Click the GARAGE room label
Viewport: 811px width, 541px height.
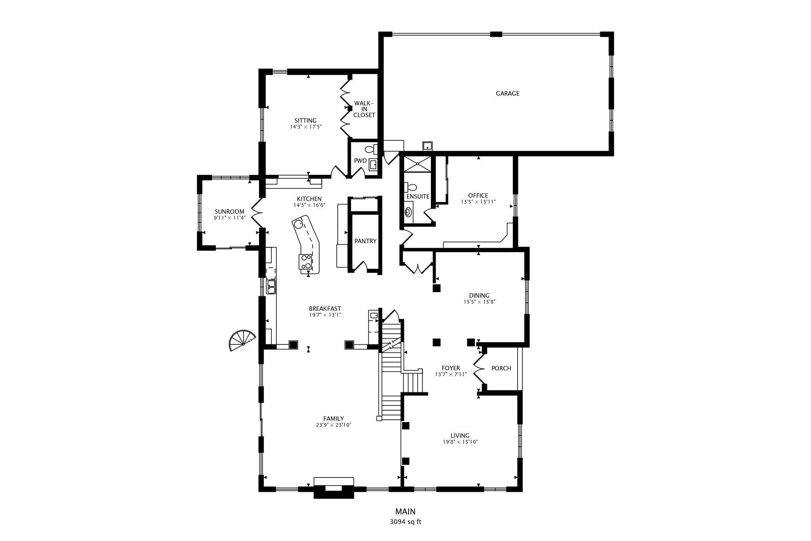[x=507, y=94]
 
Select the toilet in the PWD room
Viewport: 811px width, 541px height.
[x=370, y=149]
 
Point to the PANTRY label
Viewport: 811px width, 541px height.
[x=365, y=241]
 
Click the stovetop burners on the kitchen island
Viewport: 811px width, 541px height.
[x=306, y=262]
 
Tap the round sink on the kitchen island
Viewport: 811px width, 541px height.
[x=298, y=224]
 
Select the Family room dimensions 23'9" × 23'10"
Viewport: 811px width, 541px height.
[x=333, y=425]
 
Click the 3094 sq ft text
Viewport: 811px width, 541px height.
[x=405, y=522]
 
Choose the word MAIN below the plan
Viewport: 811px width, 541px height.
[x=405, y=512]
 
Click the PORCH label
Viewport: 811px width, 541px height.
[x=501, y=368]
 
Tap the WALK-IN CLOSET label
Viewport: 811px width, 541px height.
[x=364, y=109]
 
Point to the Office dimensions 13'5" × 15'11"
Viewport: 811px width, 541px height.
[x=478, y=202]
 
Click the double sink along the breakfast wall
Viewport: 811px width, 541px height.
[x=271, y=287]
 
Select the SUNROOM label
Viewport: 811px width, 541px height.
[x=229, y=212]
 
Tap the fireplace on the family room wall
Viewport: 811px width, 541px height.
[x=333, y=487]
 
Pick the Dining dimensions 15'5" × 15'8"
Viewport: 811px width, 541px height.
[x=480, y=302]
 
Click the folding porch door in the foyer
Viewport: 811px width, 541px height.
[x=479, y=368]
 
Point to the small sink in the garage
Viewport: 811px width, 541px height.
[x=427, y=146]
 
